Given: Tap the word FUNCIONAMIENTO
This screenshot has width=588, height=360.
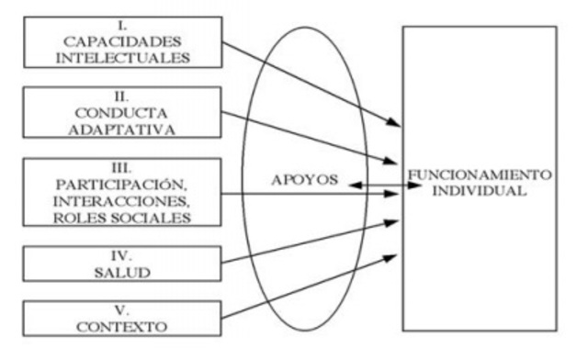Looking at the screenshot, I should [x=480, y=174].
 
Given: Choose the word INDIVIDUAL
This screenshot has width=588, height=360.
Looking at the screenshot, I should [x=480, y=191].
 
